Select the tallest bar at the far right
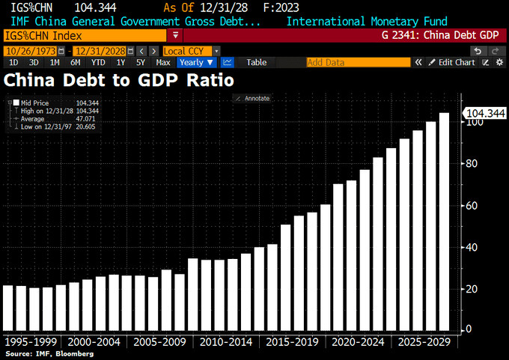444,221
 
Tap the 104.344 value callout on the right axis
486,114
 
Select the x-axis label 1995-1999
33,342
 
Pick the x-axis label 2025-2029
424,342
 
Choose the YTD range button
98,63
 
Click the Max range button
163,63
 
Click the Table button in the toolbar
257,63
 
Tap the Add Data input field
358,63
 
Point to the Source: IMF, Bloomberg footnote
49,353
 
